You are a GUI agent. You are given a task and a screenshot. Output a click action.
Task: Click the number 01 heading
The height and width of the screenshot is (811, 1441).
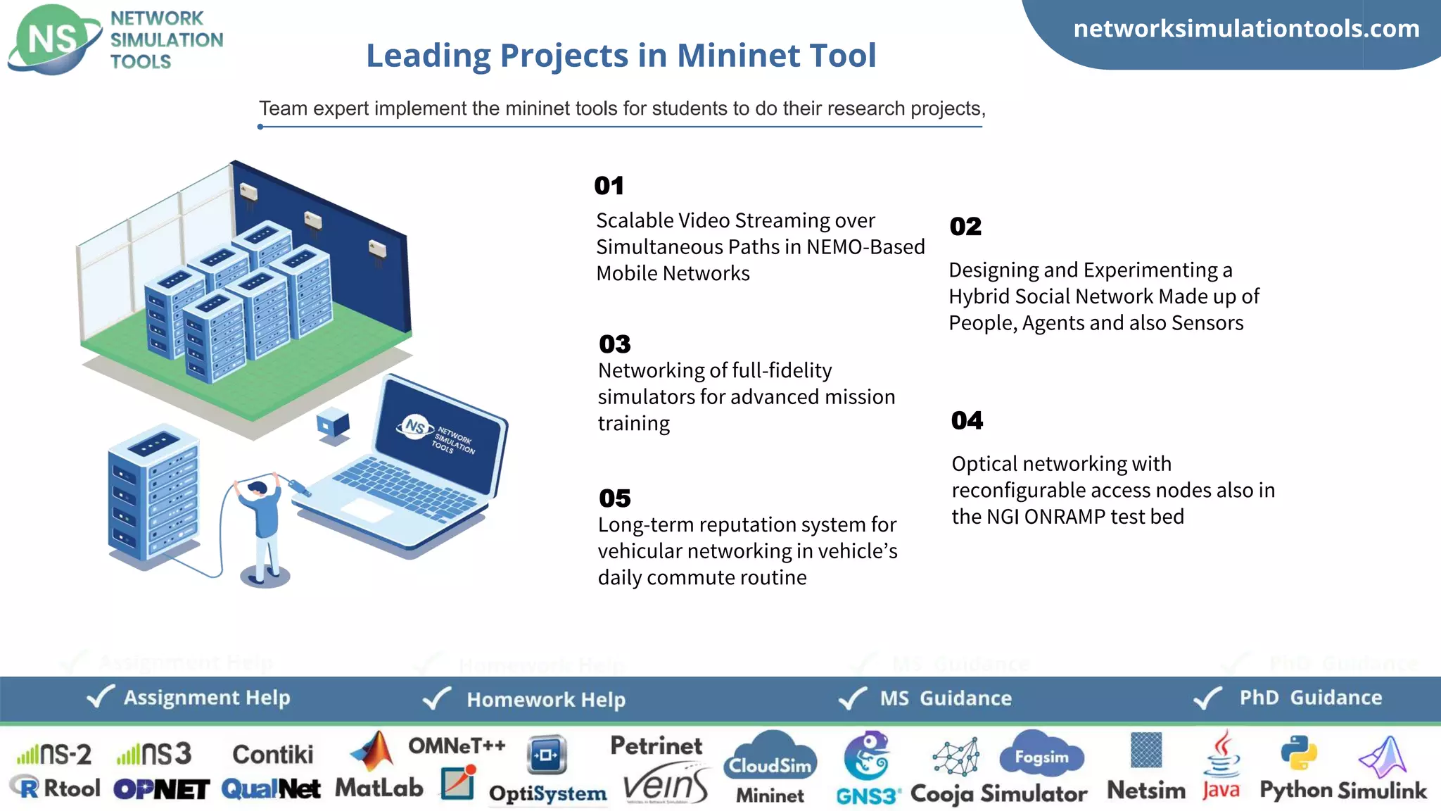pyautogui.click(x=609, y=186)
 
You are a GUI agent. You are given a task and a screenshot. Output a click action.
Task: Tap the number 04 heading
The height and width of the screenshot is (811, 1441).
pyautogui.click(x=967, y=420)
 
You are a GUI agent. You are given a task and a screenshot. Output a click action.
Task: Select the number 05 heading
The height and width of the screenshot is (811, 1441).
pyautogui.click(x=614, y=498)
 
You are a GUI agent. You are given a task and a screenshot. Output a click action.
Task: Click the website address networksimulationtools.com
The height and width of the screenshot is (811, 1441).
pyautogui.click(x=1246, y=29)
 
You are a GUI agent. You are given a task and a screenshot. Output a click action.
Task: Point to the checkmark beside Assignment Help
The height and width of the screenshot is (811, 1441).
pyautogui.click(x=100, y=697)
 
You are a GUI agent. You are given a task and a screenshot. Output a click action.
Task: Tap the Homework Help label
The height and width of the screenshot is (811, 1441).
pyautogui.click(x=546, y=700)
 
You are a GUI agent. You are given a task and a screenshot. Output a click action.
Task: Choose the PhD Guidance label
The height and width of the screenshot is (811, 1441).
pyautogui.click(x=1310, y=698)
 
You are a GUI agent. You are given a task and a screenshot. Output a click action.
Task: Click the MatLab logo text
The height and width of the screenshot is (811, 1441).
pyautogui.click(x=379, y=788)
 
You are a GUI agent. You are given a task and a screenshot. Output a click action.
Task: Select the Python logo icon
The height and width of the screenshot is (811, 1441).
pyautogui.click(x=1298, y=753)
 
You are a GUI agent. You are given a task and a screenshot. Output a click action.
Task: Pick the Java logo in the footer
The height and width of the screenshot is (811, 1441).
pyautogui.click(x=1221, y=767)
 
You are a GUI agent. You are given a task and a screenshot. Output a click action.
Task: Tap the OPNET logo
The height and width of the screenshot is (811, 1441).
pyautogui.click(x=161, y=789)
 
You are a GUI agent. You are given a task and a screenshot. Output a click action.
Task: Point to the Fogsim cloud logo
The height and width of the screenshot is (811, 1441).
pyautogui.click(x=1041, y=755)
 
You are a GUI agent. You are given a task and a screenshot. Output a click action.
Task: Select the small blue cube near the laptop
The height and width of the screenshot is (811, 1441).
pyautogui.click(x=333, y=424)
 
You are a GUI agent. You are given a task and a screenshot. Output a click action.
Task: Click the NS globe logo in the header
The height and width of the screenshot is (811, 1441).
pyautogui.click(x=53, y=39)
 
